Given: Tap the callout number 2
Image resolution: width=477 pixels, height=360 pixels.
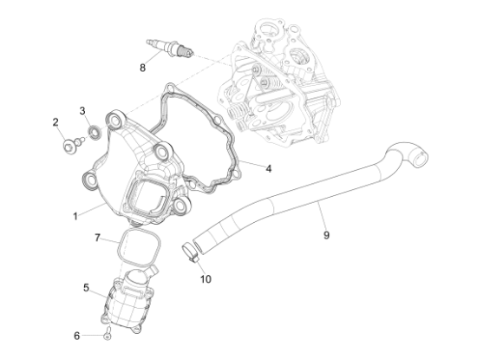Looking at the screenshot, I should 56,122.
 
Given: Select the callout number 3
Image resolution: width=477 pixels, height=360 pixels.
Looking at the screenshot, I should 83,110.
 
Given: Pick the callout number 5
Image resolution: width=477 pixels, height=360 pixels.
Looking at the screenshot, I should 87,286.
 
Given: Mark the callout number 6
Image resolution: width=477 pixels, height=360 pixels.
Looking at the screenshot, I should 76,334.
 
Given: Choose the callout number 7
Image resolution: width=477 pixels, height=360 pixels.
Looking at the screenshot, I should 98,237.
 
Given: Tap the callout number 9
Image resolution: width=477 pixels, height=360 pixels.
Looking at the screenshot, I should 326,234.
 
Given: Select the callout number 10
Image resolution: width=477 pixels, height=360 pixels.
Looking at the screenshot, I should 205,278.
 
